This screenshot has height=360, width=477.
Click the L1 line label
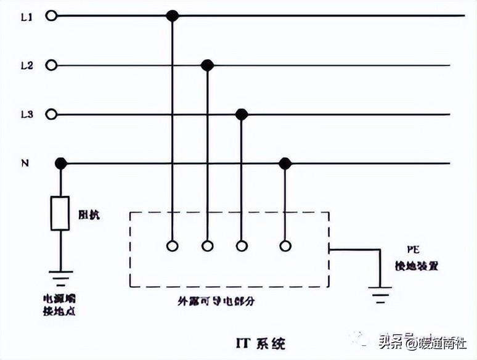tap(26, 17)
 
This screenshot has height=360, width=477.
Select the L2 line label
tap(26, 65)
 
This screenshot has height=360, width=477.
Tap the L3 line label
tap(26, 115)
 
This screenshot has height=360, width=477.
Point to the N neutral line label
tap(25, 163)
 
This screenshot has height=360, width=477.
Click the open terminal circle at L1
tap(52, 16)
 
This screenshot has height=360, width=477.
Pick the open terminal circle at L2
tap(52, 65)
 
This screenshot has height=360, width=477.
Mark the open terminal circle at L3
tap(52, 114)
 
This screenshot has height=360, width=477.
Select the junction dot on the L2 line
tap(208, 65)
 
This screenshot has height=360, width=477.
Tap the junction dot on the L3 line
tap(242, 114)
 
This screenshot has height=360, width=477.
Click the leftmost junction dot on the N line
tap(60, 163)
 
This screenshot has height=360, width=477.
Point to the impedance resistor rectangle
tap(60, 213)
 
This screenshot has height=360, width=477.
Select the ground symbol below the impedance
tap(60, 276)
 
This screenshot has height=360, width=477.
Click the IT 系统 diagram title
tap(261, 341)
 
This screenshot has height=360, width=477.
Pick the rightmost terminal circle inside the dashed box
tap(285, 246)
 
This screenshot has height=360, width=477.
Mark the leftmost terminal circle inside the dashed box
tap(173, 246)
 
